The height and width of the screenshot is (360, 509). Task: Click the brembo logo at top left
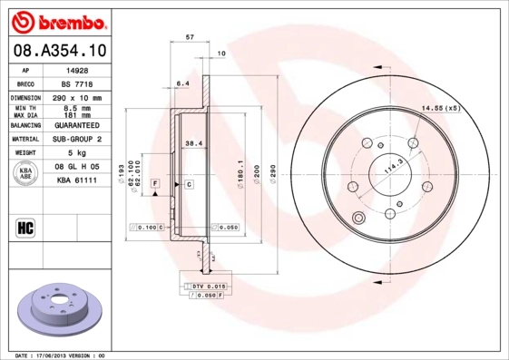(x=57, y=21)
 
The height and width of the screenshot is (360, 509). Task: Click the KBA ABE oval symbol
(x=25, y=174)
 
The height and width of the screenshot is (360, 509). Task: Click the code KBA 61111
(x=78, y=181)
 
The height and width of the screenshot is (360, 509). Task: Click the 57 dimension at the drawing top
(x=189, y=37)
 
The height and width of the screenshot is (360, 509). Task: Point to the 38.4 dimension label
(x=192, y=143)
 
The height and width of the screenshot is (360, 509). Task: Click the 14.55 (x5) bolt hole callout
(x=440, y=110)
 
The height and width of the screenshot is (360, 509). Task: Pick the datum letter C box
(x=189, y=185)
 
